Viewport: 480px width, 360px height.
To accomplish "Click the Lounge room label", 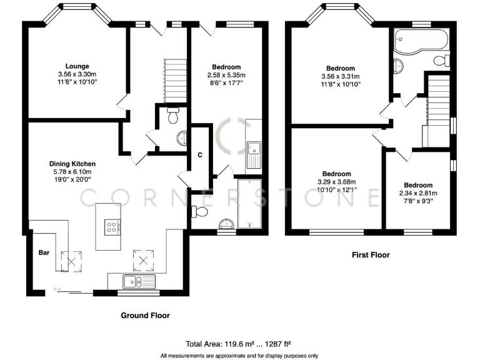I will tap(77, 66).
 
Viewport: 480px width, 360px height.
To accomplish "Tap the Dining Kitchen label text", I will tap(72, 164).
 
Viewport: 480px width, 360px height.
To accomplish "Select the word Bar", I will tap(44, 254).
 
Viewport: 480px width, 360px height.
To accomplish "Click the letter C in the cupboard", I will tap(200, 154).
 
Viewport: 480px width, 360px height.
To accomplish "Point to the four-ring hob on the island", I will tap(112, 228).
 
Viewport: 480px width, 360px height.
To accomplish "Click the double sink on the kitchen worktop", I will tap(141, 282).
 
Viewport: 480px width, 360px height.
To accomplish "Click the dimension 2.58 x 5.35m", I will tap(226, 74).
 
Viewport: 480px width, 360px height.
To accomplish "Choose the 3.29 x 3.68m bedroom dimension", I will tap(336, 182).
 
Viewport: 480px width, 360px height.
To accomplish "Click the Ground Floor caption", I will tap(145, 316).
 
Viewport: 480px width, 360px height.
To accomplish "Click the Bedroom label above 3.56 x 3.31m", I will tap(341, 68).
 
